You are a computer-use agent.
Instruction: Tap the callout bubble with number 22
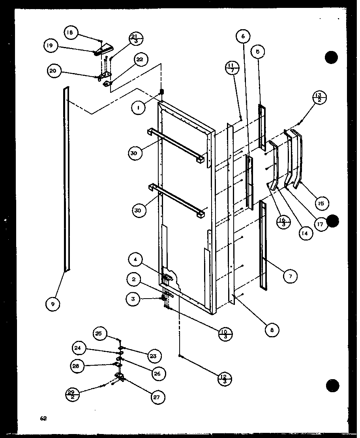click(139, 60)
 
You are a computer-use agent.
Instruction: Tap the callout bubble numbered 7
click(291, 276)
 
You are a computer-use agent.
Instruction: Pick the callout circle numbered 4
click(135, 260)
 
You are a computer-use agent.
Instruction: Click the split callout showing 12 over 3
click(225, 379)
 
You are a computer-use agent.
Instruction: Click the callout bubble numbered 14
click(304, 233)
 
